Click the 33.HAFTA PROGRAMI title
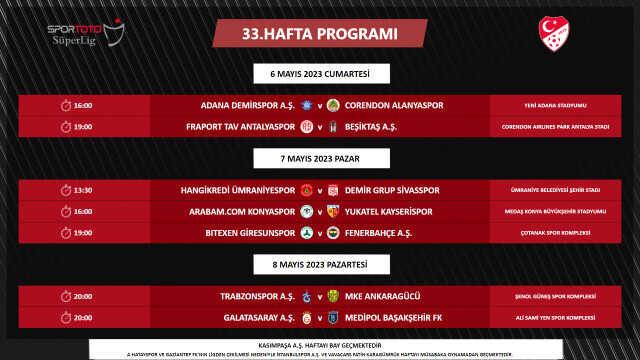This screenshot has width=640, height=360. [319, 34]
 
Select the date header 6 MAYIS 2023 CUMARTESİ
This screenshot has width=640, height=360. [320, 74]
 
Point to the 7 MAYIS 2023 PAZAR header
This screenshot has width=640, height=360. [320, 158]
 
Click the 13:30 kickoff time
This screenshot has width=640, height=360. [82, 190]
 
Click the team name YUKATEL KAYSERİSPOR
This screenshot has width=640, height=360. [390, 211]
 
